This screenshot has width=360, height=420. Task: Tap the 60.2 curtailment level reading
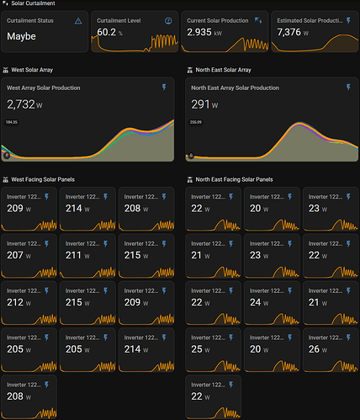(x=107, y=32)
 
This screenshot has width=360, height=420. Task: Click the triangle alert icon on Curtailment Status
(x=79, y=19)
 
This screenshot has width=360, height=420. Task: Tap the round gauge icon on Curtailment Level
(x=168, y=19)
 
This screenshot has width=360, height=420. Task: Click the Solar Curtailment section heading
(x=33, y=4)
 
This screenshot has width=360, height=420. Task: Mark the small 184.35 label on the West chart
(x=11, y=122)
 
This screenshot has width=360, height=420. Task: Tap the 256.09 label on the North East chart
(x=197, y=122)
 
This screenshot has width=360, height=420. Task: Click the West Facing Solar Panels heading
(x=47, y=179)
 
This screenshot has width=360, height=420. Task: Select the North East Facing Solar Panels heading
(x=231, y=179)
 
